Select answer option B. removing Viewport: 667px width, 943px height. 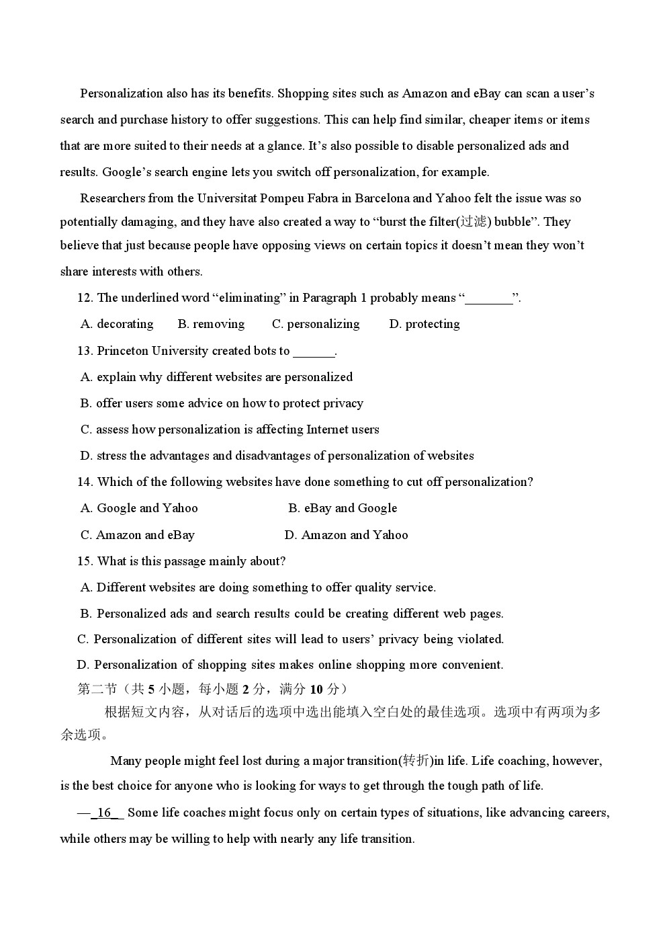point(211,324)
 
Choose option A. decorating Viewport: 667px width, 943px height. point(117,324)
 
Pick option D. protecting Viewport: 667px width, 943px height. point(425,324)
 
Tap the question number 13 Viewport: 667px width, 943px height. point(85,351)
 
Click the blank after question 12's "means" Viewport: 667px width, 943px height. point(489,298)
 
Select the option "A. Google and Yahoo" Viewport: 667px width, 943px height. point(139,508)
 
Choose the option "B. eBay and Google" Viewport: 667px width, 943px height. point(343,508)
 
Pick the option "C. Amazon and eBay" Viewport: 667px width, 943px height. point(137,535)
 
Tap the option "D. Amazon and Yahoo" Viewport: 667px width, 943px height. point(346,535)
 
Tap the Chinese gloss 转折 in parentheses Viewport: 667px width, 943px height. point(415,761)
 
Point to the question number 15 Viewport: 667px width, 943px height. point(85,561)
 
